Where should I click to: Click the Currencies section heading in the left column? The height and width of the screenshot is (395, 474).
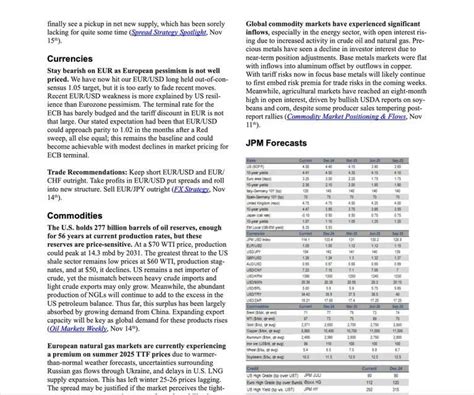[35, 60]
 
